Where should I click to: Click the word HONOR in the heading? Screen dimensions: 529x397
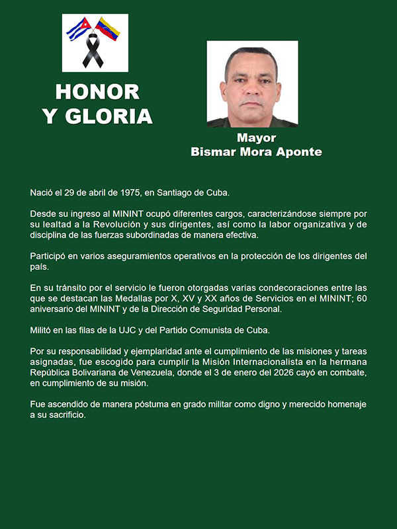coord(97,91)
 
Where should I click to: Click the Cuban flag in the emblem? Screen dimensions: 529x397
coord(78,29)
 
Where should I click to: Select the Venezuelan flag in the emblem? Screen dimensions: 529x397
coord(108,28)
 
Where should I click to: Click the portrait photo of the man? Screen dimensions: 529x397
coord(252,83)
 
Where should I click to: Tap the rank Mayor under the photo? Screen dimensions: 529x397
coord(256,138)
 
